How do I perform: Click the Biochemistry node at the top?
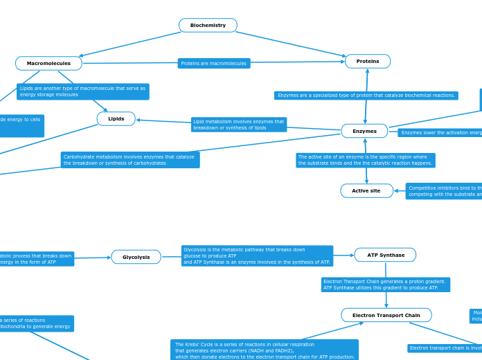click(208, 26)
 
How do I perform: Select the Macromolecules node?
click(48, 64)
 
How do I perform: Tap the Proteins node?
click(368, 62)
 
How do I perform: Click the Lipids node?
click(116, 119)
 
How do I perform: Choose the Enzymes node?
click(364, 131)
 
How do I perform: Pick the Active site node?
click(366, 191)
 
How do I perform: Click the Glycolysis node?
click(136, 257)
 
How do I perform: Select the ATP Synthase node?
click(385, 255)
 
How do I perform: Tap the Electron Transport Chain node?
click(386, 315)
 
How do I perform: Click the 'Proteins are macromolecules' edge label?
click(214, 64)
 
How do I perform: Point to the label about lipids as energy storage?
click(82, 91)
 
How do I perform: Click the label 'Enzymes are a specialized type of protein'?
click(366, 96)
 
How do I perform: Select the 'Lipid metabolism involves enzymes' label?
click(239, 125)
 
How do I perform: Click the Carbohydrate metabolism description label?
click(130, 160)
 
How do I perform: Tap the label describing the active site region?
click(365, 160)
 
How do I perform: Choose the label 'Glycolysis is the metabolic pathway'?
click(257, 256)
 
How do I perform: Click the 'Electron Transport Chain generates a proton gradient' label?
click(385, 285)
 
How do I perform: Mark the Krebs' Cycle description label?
click(265, 350)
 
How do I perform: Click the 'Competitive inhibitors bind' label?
click(444, 191)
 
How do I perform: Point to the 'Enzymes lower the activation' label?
click(440, 133)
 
